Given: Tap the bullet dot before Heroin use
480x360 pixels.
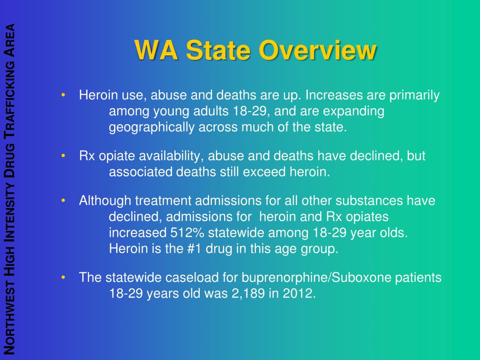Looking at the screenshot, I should (x=63, y=96).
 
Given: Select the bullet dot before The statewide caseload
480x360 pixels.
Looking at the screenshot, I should (x=63, y=278).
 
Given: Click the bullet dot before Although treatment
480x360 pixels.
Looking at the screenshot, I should (x=63, y=201).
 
